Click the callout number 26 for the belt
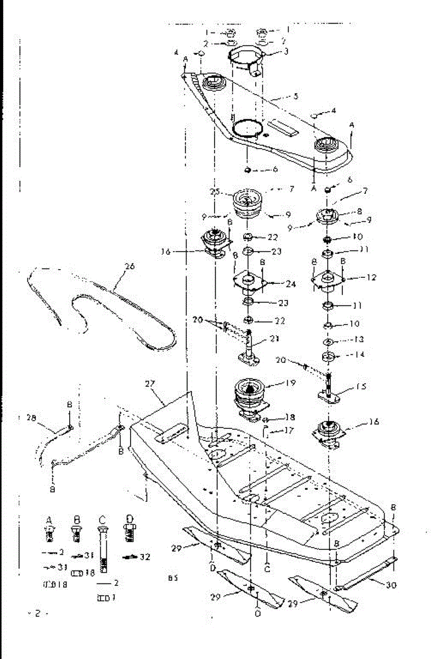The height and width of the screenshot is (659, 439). [130, 267]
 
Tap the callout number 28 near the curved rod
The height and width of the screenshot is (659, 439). [31, 418]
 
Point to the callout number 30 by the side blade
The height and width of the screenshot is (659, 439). [391, 585]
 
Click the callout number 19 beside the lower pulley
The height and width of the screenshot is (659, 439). [291, 382]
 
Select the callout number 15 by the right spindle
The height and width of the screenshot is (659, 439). [360, 386]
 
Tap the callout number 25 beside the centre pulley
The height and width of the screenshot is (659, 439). [215, 191]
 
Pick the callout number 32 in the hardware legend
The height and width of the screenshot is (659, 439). [145, 556]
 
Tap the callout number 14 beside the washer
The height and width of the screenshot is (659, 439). [360, 355]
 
